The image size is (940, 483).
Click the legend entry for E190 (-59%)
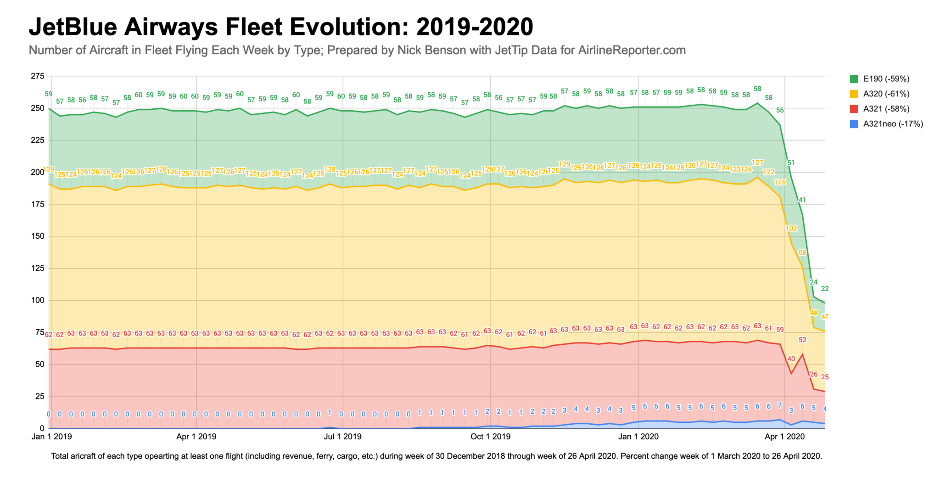885,79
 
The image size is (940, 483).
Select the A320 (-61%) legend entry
885,94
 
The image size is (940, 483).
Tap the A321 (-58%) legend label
885,109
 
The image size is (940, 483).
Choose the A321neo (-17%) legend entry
892,124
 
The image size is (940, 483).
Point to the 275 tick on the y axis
38,76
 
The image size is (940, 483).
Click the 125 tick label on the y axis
38,268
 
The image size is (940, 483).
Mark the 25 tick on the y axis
39,396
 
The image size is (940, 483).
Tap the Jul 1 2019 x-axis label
342,437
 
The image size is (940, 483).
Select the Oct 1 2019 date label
490,437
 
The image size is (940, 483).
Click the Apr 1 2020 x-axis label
784,437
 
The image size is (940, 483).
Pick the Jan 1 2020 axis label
638,437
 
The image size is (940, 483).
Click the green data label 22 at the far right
825,289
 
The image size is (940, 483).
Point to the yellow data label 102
791,229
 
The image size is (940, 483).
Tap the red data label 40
791,359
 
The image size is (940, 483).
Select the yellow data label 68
802,253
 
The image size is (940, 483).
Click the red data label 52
802,340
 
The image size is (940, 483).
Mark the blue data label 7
780,405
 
